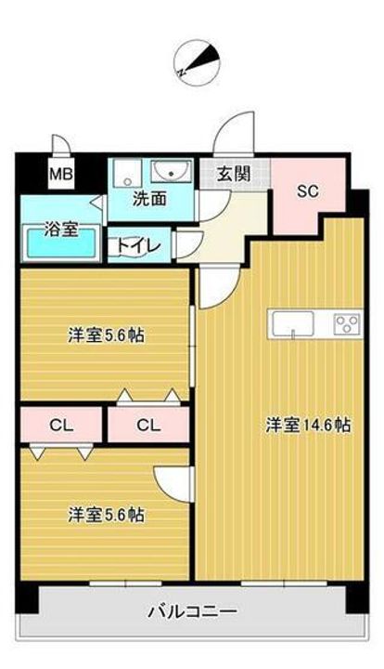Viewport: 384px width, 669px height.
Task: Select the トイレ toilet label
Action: coord(139,246)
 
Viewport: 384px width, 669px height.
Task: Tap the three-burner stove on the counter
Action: coord(346,323)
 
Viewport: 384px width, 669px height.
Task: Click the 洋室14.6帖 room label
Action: coord(308,426)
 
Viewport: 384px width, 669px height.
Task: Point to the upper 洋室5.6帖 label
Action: coord(103,334)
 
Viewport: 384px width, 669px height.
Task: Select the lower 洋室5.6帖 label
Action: coord(103,513)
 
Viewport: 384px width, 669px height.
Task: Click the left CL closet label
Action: coord(61,426)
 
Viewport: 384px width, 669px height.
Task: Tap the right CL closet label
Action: coord(148,426)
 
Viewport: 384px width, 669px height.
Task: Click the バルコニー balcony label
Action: coord(192,611)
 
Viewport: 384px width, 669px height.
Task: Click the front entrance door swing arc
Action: coord(233,134)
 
